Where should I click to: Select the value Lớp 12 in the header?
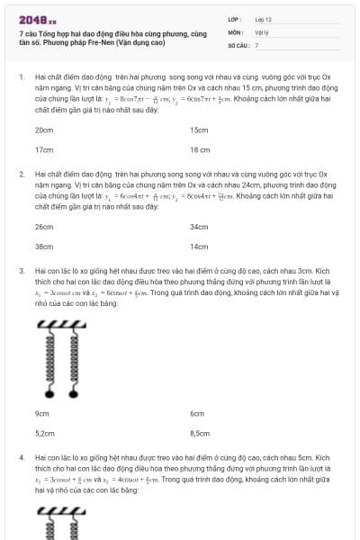pos(264,18)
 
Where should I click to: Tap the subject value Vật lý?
pos(262,31)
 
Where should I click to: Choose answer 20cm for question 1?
pos(43,130)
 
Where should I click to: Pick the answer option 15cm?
pos(199,130)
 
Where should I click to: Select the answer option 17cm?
pos(43,149)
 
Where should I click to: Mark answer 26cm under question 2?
pos(43,227)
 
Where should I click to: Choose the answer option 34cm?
pos(199,227)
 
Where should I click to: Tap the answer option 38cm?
pos(43,246)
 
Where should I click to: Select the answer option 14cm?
pos(199,246)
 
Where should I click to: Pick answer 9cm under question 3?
pos(41,413)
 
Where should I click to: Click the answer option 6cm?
pos(197,413)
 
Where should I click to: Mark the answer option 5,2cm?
pos(44,433)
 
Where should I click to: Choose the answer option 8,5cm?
pos(200,433)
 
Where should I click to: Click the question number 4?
pos(21,456)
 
